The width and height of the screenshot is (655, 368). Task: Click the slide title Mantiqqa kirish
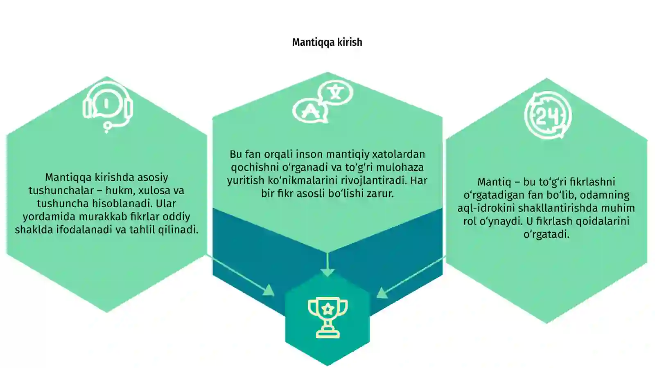(x=327, y=42)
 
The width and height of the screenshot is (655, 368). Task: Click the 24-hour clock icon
(x=548, y=116)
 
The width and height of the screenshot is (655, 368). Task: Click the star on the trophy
(x=327, y=309)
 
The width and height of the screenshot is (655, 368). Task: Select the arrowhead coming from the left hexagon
(x=269, y=290)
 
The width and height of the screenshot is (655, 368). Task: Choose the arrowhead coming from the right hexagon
(x=382, y=292)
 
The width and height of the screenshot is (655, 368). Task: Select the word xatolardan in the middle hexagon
(x=399, y=155)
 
